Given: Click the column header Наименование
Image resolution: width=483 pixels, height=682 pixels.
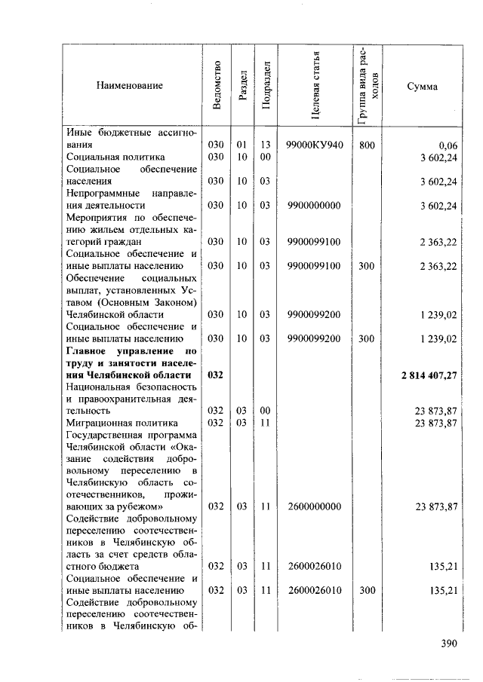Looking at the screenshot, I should [129, 86].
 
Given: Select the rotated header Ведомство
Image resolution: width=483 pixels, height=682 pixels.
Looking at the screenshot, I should [217, 86].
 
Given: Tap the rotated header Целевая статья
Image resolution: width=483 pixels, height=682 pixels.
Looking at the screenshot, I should [316, 86].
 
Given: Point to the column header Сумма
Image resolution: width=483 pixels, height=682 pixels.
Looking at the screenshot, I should [421, 86].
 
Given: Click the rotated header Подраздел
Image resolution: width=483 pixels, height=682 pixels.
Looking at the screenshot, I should [266, 86].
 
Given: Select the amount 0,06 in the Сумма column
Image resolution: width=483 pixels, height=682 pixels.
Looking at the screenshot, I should [447, 144].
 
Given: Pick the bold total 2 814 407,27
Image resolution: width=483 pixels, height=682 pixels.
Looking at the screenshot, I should [424, 375].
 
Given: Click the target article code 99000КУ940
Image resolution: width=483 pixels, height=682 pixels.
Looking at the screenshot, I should [315, 144].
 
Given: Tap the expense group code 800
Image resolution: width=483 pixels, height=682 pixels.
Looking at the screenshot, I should [366, 144].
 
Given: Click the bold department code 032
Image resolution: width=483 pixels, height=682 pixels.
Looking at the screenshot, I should [216, 375].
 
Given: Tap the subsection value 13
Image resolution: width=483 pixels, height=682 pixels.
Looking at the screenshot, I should [265, 144].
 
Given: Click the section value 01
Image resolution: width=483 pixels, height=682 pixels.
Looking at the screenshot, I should [241, 144].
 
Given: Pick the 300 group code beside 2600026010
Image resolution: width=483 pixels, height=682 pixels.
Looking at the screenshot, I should [366, 591].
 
